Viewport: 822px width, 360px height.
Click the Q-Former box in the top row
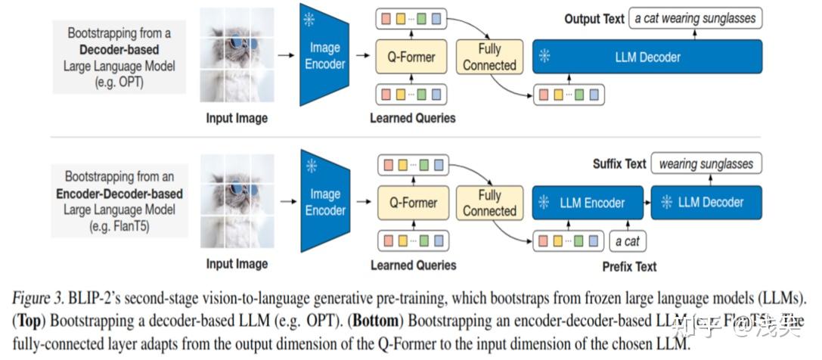coord(411,57)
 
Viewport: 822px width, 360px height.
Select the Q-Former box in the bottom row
coord(412,203)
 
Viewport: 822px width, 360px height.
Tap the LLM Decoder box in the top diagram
coord(647,57)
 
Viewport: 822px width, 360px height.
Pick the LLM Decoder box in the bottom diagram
coord(706,203)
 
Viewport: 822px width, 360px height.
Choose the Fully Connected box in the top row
coord(489,57)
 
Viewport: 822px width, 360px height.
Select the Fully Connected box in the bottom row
coord(489,203)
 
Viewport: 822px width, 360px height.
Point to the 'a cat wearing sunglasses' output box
coord(696,18)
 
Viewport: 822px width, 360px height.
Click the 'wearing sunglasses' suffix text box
coord(706,163)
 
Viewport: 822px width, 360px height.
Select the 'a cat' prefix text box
coord(627,242)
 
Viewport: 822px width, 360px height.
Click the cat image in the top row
coord(236,57)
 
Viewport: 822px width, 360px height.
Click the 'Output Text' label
coord(594,19)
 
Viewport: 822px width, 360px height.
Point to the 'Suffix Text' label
coord(619,163)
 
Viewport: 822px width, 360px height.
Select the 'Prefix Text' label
coord(628,266)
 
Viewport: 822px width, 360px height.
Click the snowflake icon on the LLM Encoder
coord(543,203)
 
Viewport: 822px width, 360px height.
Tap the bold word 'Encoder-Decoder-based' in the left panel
coord(119,194)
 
